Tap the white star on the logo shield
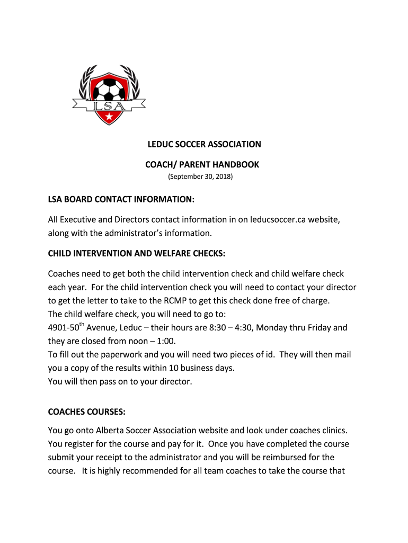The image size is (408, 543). click(x=108, y=116)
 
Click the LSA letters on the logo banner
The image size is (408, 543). click(x=109, y=105)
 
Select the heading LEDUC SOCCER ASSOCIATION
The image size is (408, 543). click(x=204, y=144)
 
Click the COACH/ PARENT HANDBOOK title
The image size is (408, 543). click(x=202, y=165)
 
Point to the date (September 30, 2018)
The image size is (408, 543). click(x=200, y=177)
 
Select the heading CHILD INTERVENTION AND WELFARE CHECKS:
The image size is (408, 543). click(x=137, y=253)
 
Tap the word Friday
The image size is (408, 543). click(x=316, y=328)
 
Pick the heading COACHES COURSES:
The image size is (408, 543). click(x=87, y=411)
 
